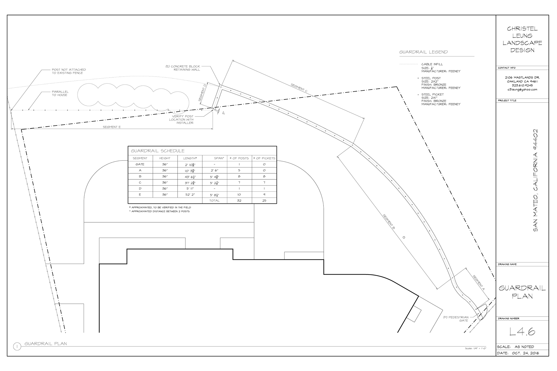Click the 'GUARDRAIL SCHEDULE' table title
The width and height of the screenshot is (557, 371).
pyautogui.click(x=158, y=151)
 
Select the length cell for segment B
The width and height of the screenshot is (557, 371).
pyautogui.click(x=190, y=177)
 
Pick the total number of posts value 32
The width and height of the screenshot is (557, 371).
pyautogui.click(x=239, y=201)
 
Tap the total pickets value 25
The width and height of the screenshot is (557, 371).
pyautogui.click(x=264, y=201)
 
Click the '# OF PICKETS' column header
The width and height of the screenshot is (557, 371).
pyautogui.click(x=264, y=158)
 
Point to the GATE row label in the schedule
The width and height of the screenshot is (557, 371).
pyautogui.click(x=140, y=164)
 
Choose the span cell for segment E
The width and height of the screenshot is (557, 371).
pyautogui.click(x=214, y=195)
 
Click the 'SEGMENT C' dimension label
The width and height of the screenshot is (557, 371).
pyautogui.click(x=299, y=88)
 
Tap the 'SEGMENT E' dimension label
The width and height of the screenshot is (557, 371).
pyautogui.click(x=112, y=127)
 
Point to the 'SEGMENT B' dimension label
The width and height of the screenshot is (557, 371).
pyautogui.click(x=389, y=222)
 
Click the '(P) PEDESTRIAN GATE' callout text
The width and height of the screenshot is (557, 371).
pyautogui.click(x=456, y=319)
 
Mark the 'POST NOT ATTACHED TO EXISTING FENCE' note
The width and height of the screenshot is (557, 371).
pyautogui.click(x=69, y=71)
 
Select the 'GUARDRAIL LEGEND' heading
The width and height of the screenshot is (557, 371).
pyautogui.click(x=423, y=52)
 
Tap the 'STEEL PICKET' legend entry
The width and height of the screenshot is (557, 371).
pyautogui.click(x=433, y=94)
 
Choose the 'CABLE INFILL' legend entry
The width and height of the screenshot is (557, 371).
pyautogui.click(x=432, y=64)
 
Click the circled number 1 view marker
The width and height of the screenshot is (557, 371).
pyautogui.click(x=17, y=346)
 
